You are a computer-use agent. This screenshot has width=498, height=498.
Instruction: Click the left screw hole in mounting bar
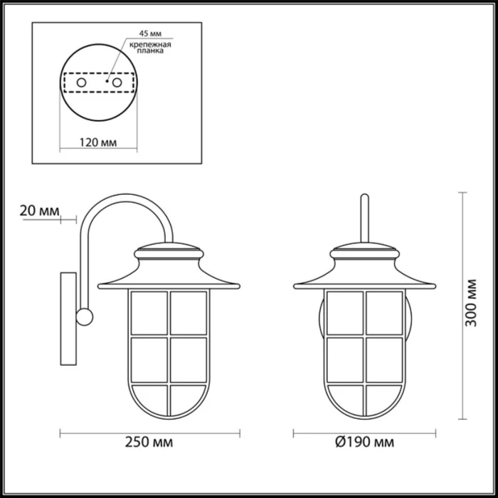pyautogui.click(x=81, y=83)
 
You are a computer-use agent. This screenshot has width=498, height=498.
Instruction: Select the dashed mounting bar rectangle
pyautogui.click(x=99, y=83)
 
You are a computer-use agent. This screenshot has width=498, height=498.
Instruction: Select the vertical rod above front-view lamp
pyautogui.click(x=365, y=217)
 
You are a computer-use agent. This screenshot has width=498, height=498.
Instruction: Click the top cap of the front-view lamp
pyautogui.click(x=365, y=250)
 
